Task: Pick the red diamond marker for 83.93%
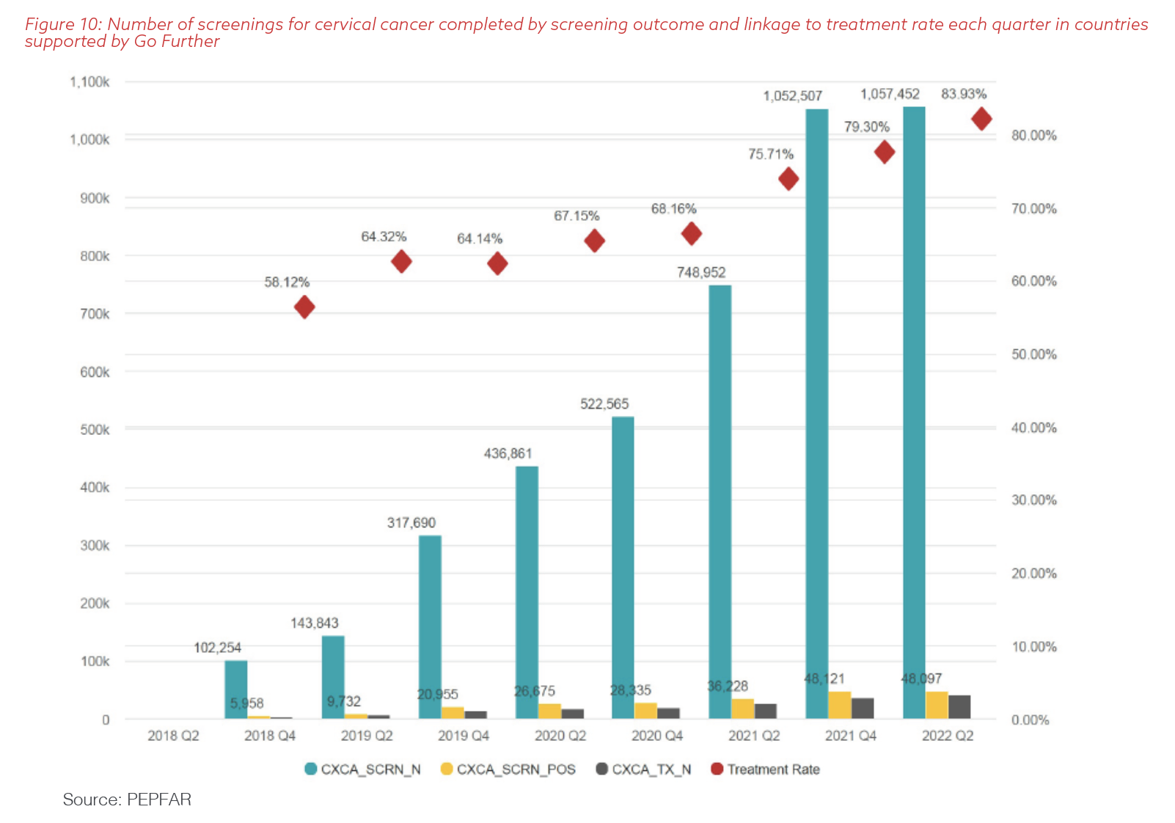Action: [981, 119]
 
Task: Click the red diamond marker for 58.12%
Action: [304, 307]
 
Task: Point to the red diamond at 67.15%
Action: [594, 241]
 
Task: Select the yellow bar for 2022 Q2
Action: [937, 705]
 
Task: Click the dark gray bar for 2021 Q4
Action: [863, 708]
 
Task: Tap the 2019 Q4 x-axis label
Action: [463, 736]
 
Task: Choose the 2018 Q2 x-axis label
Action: [173, 736]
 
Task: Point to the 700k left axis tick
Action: [95, 314]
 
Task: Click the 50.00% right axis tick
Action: [1033, 354]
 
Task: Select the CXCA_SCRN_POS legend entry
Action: [508, 769]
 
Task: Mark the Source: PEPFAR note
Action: [127, 800]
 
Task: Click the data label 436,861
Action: [508, 453]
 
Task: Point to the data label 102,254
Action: [217, 648]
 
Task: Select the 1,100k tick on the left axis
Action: [89, 82]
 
